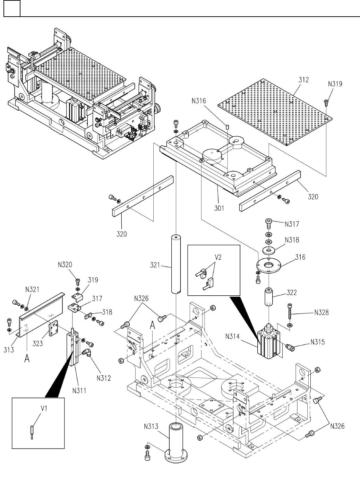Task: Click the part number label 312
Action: [x=304, y=80]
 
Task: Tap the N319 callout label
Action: [x=335, y=84]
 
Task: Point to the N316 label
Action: [x=199, y=101]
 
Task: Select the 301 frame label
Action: [x=219, y=208]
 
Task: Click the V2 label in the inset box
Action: [x=217, y=257]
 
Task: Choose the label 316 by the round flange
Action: [x=300, y=257]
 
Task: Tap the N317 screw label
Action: [x=292, y=224]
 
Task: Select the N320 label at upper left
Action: [x=65, y=265]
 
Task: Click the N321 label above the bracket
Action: [x=32, y=289]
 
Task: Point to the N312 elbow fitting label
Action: [x=104, y=378]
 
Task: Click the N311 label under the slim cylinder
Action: [x=79, y=390]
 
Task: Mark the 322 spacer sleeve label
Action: [x=291, y=292]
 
